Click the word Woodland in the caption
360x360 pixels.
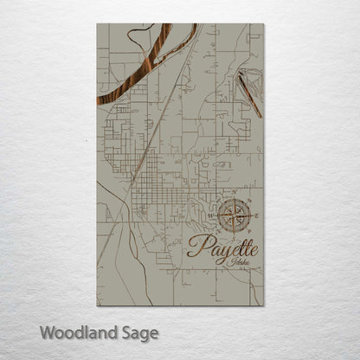(x=74, y=331)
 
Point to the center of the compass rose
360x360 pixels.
(x=231, y=215)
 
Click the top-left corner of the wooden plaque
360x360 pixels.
(x=97, y=24)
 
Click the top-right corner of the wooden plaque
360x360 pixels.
(x=264, y=24)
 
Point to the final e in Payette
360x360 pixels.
(x=252, y=247)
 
